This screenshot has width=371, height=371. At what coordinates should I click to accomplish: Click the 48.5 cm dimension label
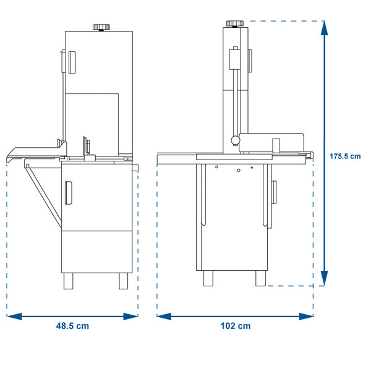pos(72,326)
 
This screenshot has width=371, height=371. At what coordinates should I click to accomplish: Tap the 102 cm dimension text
pos(236,326)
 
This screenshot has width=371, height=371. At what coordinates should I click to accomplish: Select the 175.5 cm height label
pos(345,156)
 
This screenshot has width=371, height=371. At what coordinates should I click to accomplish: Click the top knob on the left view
pos(101,27)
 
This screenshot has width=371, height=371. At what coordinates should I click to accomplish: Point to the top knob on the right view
pos(235,23)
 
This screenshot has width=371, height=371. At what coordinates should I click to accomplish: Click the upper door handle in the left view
pos(72,62)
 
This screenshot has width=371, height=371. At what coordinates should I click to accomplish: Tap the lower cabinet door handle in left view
pos(69,193)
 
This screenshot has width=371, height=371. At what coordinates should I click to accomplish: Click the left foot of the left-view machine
pos(69,281)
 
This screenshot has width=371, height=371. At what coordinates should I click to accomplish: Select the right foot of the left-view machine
pos(123,281)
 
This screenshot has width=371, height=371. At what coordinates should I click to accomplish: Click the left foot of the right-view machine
pos(208,278)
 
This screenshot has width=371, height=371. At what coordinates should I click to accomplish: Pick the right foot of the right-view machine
pos(260,278)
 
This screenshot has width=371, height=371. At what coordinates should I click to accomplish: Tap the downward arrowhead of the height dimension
pos(325,278)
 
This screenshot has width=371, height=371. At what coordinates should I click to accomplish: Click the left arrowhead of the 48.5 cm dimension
pos(14,317)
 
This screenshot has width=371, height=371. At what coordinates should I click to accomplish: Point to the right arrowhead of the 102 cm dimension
pos(306,317)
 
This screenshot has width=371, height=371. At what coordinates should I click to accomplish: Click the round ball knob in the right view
pos(236,140)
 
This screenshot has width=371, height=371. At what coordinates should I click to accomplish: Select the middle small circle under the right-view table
pos(239,170)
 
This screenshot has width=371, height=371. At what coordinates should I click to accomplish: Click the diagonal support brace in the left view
pos(43,195)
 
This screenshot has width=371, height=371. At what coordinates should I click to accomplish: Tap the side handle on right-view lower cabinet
pos(274,192)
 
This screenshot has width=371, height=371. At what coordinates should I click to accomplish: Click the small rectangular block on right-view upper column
pos(234,59)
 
